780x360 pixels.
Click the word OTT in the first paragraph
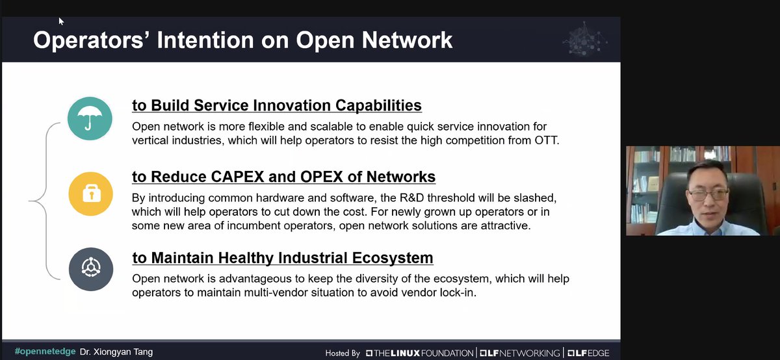[x=548, y=140]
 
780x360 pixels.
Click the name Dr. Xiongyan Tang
[x=116, y=352]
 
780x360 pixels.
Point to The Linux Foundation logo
[x=419, y=353]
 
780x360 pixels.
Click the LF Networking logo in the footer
[x=519, y=353]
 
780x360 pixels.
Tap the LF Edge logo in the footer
[x=588, y=353]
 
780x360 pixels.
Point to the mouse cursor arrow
[x=61, y=21]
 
